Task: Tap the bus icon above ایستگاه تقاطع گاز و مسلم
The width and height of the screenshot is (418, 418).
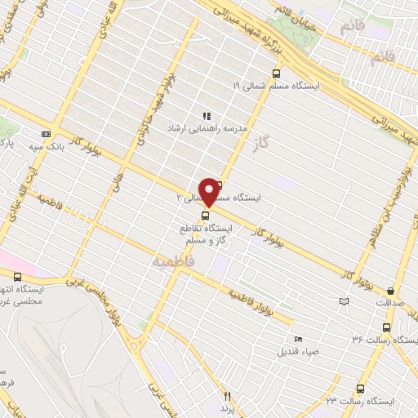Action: point(204,216)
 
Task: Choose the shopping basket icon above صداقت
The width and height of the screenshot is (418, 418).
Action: point(391,291)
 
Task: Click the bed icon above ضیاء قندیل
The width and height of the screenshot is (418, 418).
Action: point(298,339)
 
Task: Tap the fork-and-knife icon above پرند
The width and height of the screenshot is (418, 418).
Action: point(228,394)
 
